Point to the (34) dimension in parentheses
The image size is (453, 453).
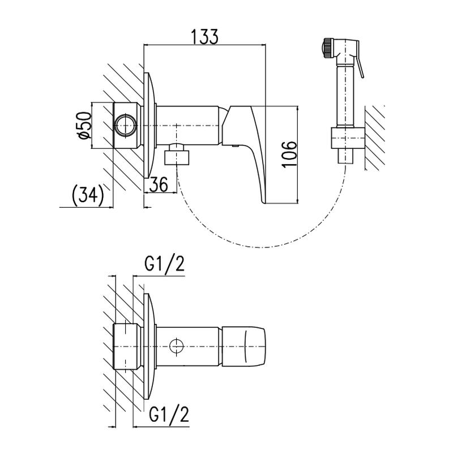(x=88, y=195)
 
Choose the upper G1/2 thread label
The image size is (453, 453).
(x=165, y=264)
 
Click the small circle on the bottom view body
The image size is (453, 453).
(x=177, y=345)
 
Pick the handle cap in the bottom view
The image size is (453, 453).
(x=245, y=345)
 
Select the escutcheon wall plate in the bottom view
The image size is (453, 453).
(x=149, y=345)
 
